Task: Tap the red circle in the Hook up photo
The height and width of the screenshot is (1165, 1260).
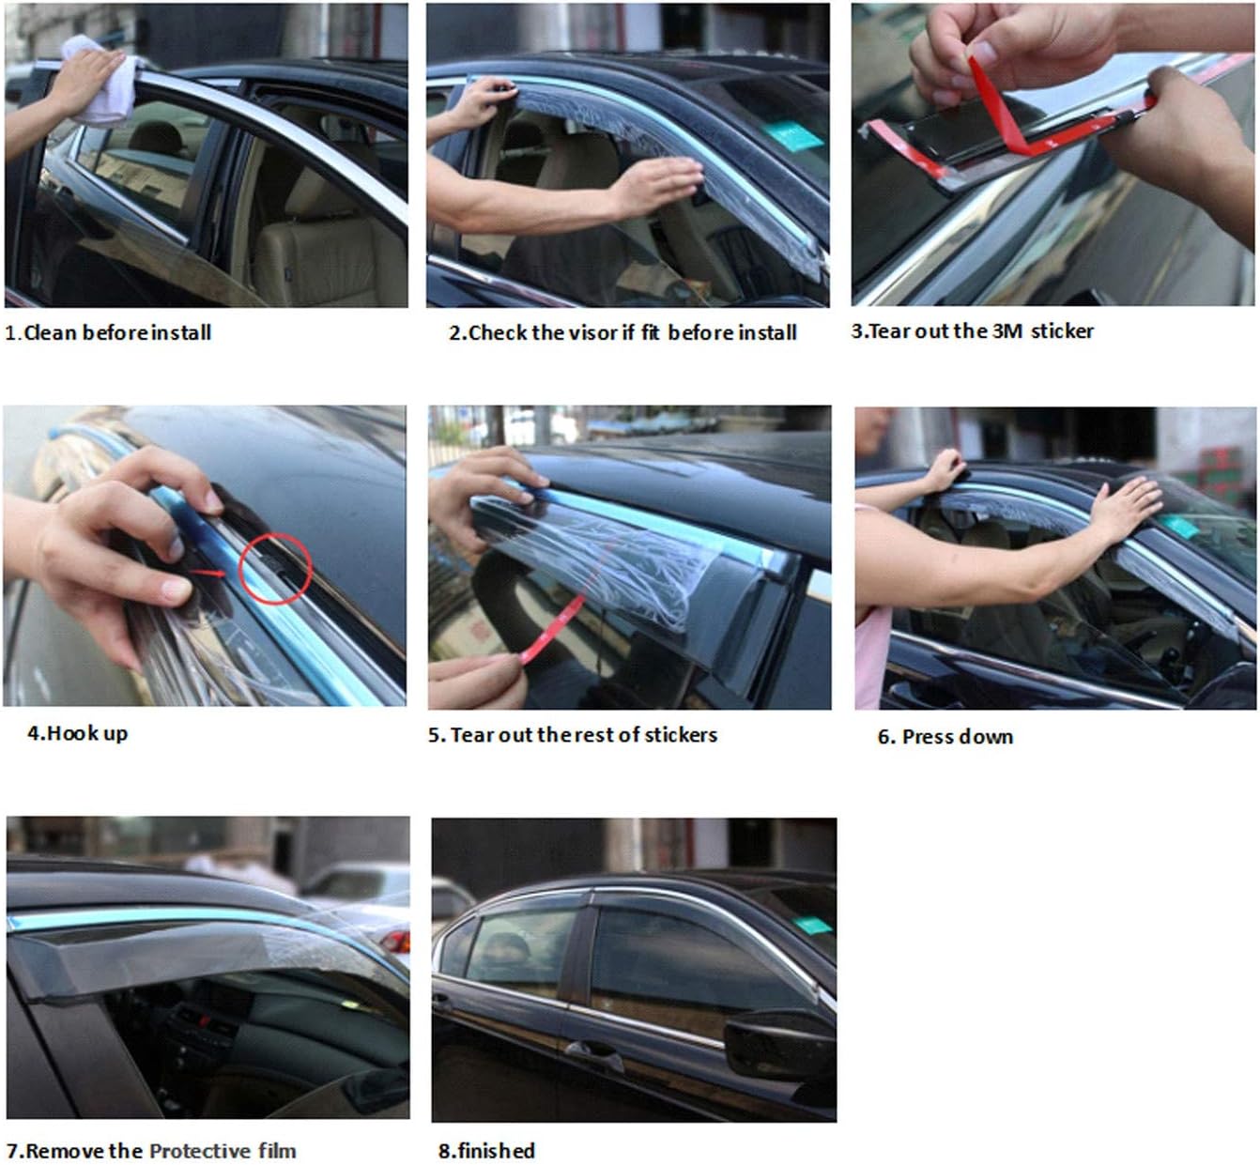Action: click(274, 568)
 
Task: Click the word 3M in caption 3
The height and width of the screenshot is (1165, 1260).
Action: click(1006, 330)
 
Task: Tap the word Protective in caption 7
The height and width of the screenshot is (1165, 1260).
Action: click(200, 1150)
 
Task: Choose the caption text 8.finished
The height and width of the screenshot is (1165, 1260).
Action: click(486, 1150)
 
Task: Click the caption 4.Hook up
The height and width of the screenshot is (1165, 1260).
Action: click(77, 733)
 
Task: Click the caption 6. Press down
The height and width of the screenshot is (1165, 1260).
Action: click(945, 736)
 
